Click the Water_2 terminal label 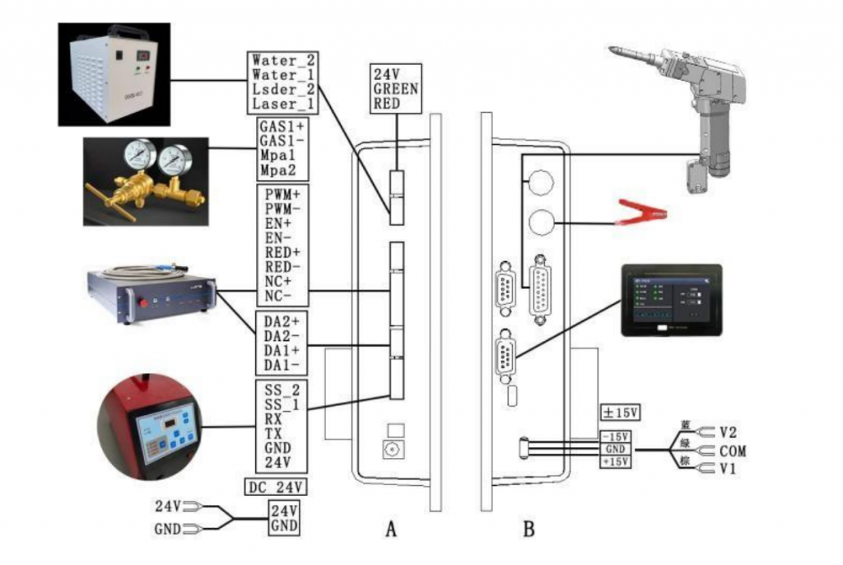283,60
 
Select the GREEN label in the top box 395,88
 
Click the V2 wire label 728,432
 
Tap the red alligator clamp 640,215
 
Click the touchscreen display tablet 670,301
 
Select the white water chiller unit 112,77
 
